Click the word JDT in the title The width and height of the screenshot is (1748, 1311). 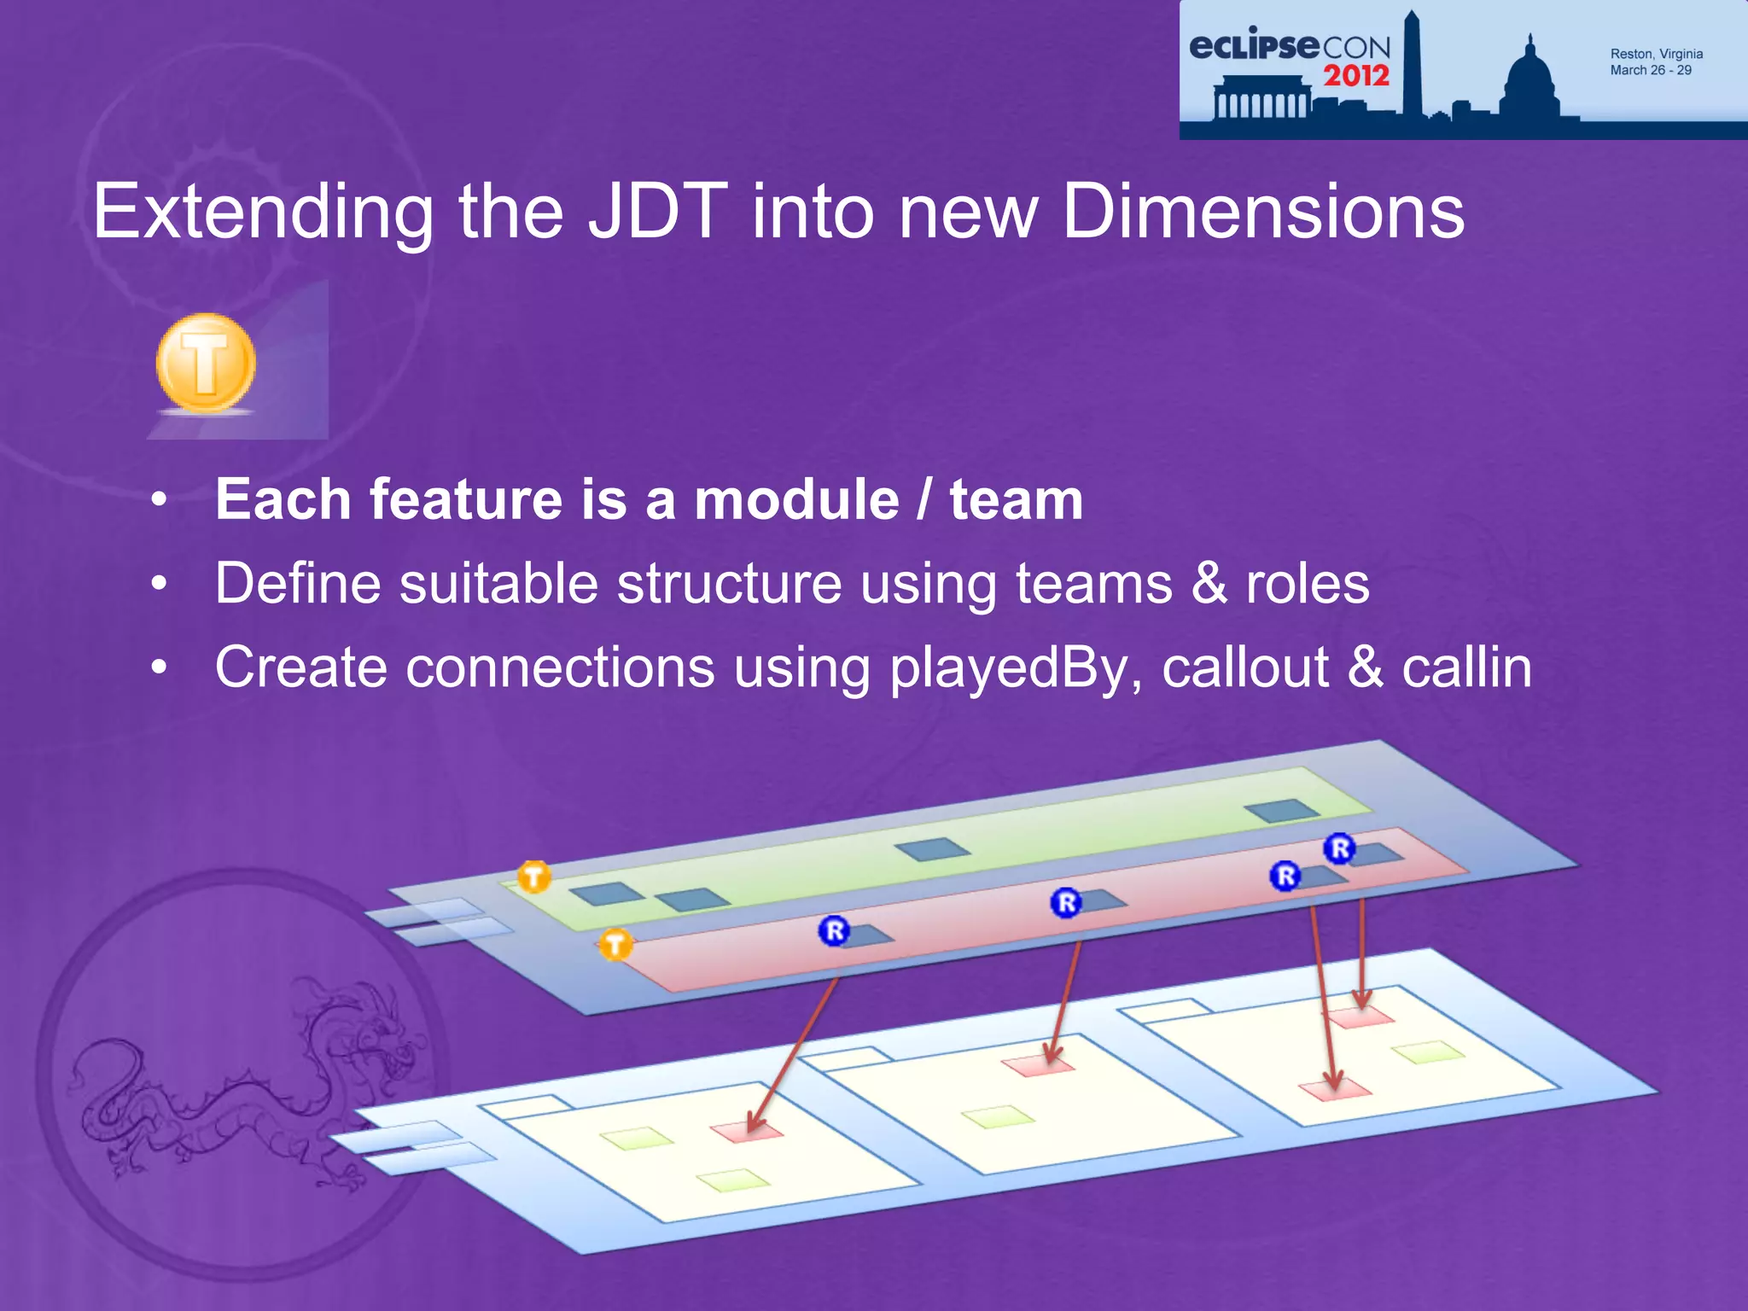point(657,211)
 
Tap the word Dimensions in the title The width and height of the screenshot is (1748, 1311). point(1262,211)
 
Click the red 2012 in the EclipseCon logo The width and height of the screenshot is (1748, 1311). point(1356,75)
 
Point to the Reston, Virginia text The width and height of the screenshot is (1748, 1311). point(1656,54)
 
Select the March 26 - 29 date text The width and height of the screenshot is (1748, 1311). point(1650,71)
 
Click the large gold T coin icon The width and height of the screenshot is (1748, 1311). point(206,363)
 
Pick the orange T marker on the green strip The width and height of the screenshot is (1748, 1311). point(534,877)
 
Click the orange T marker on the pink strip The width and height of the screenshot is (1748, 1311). point(615,945)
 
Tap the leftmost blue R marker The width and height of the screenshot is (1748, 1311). point(834,930)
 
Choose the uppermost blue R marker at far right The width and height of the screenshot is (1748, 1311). point(1339,848)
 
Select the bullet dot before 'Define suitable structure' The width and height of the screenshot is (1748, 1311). point(159,585)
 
